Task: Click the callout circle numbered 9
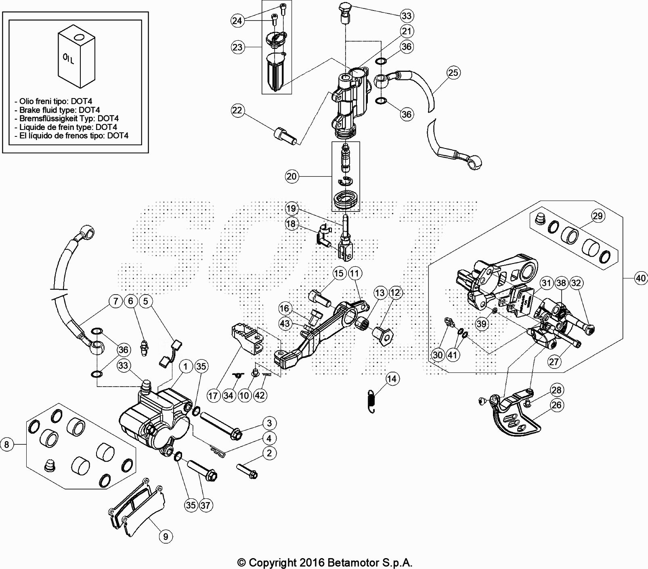[166, 536]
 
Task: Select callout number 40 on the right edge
[641, 278]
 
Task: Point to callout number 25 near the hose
[453, 73]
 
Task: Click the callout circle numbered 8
[7, 445]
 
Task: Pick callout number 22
[237, 111]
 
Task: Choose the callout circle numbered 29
[598, 216]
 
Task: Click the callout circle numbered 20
[291, 176]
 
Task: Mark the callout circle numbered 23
[237, 47]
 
